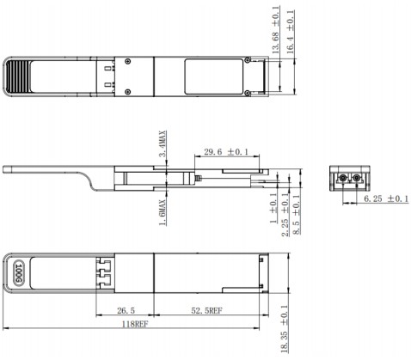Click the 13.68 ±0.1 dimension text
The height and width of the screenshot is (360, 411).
click(x=276, y=32)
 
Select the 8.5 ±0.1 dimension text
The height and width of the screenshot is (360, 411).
click(x=297, y=216)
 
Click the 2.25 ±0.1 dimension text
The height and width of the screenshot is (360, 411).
click(x=285, y=216)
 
